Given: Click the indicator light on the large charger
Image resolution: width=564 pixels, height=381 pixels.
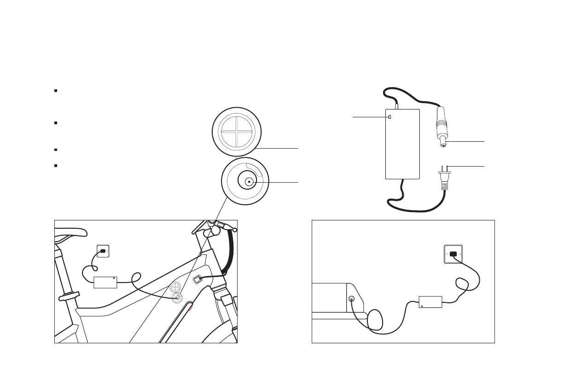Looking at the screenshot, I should [390, 117].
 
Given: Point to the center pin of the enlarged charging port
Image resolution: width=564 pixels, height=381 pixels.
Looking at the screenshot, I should [249, 182].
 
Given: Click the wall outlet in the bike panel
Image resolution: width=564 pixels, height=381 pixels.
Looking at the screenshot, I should [102, 251].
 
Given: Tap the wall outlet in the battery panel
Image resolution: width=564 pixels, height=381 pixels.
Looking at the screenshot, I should [453, 254].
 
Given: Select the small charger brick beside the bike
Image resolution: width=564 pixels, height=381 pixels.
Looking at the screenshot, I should [105, 282].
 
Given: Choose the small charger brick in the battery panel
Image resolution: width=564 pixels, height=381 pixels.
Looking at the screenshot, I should [430, 301].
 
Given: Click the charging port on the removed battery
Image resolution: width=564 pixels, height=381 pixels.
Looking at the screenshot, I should [352, 299].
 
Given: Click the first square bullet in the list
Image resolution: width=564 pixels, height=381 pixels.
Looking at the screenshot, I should [55, 91].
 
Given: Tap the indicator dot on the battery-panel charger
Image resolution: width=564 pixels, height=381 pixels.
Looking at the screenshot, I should [422, 306].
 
